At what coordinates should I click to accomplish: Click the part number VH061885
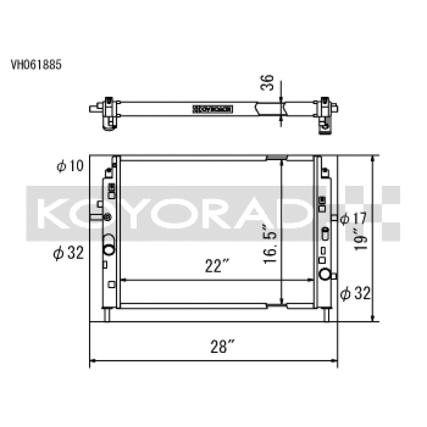pos(36,65)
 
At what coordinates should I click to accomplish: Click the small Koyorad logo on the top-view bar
pos(213,109)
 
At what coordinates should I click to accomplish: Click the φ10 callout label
pos(70,167)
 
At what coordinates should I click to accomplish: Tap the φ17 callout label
pos(352,218)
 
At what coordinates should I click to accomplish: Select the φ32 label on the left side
pos(68,254)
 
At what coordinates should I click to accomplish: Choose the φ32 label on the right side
pos(355,293)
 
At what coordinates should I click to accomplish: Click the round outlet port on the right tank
pos(325,275)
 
